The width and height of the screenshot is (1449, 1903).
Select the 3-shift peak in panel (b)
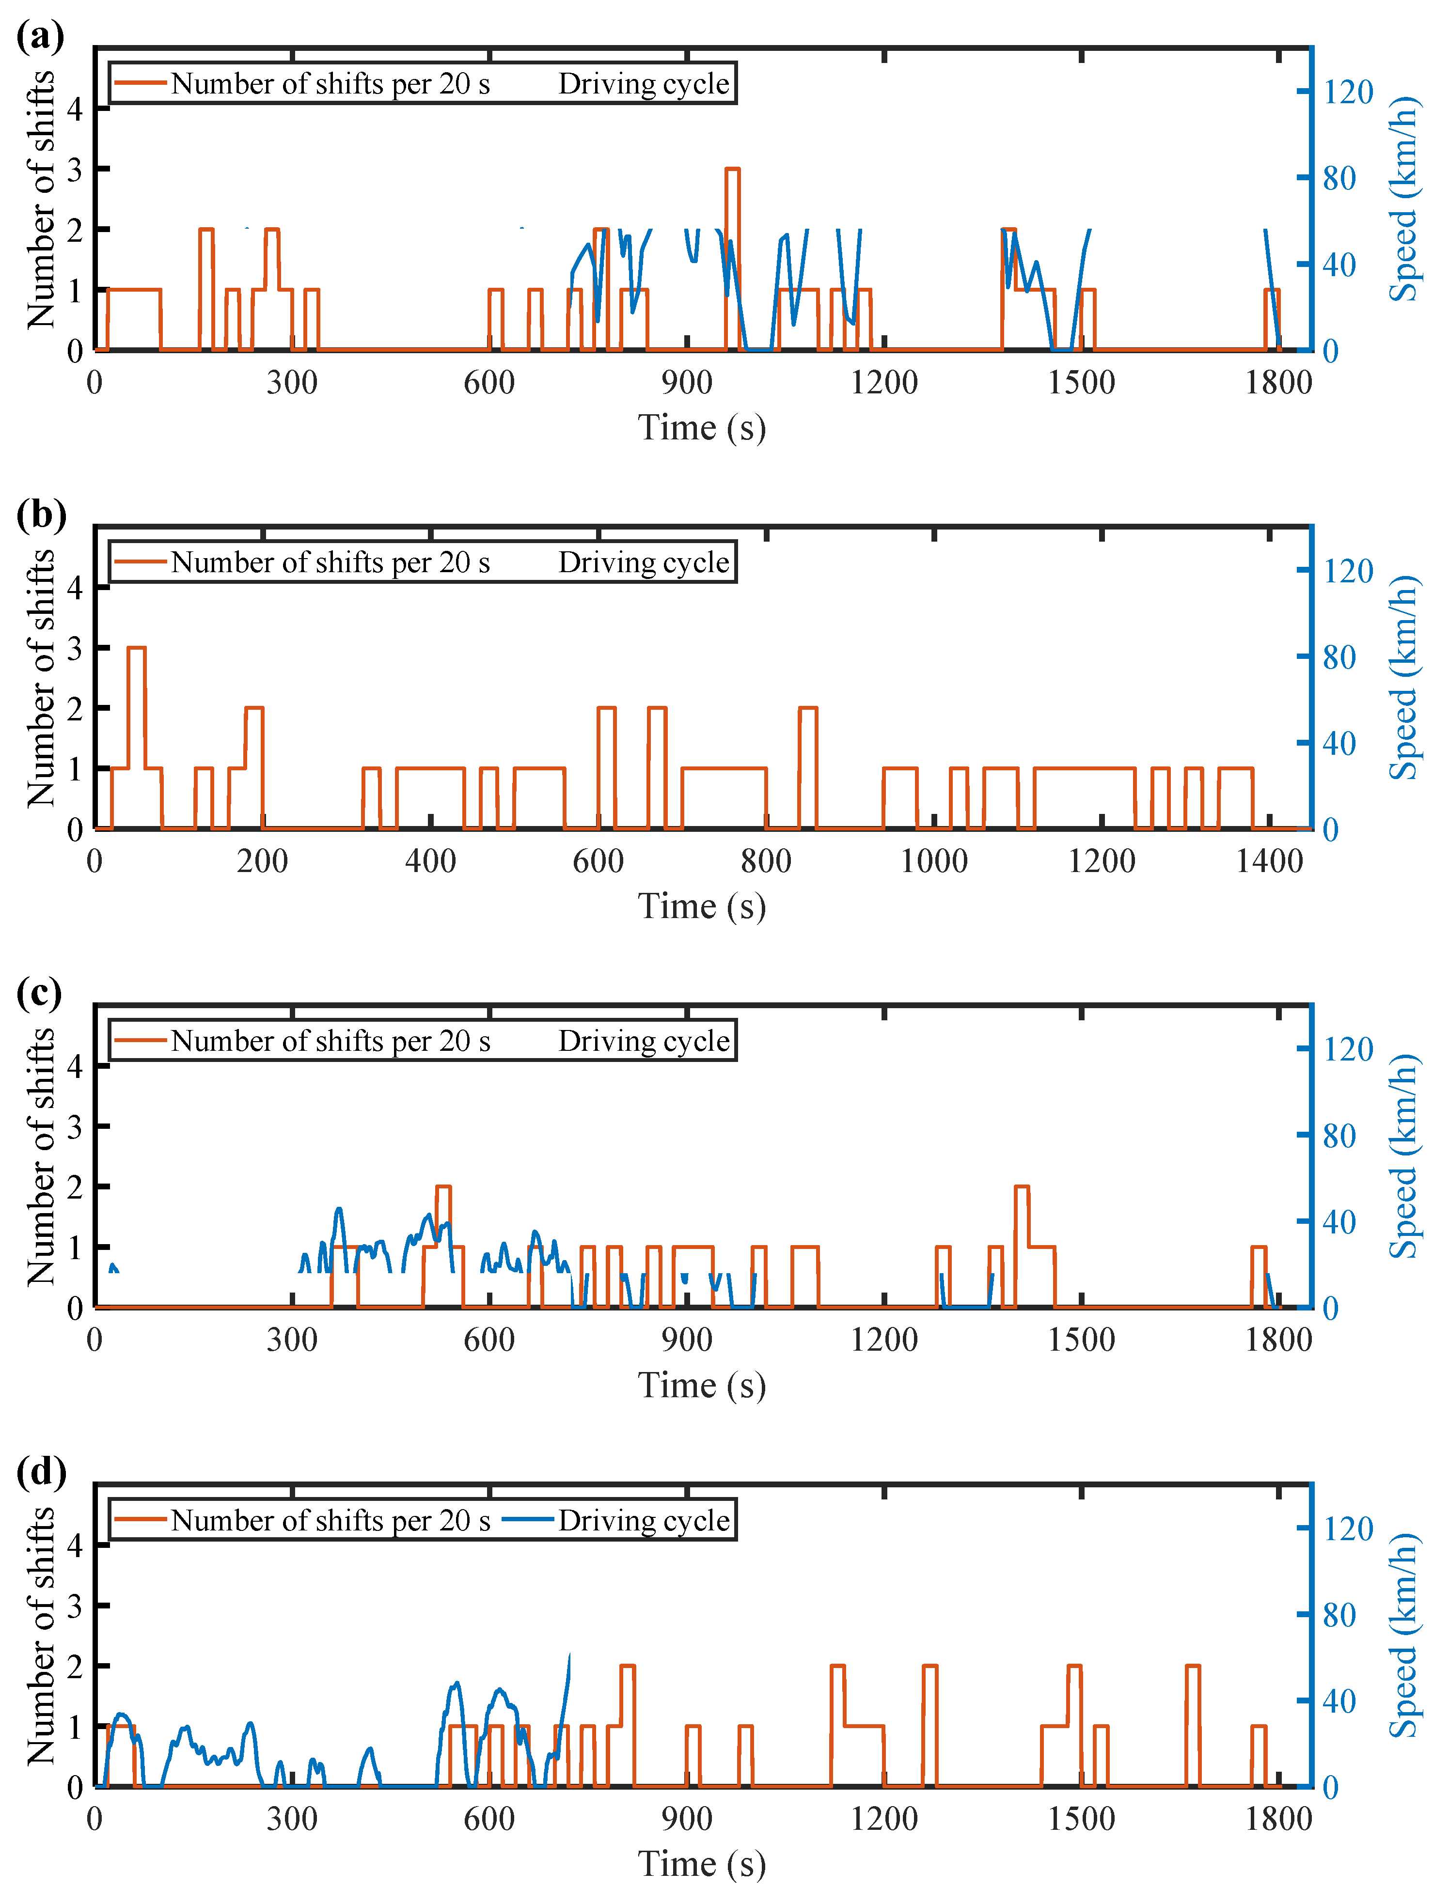coord(136,648)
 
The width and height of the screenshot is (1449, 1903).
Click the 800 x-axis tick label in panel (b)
coord(766,860)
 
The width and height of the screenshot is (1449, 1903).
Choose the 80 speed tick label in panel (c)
coord(1339,1136)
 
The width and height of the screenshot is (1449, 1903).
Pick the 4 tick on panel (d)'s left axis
coord(75,1545)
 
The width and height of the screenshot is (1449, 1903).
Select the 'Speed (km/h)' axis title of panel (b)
coord(1403,677)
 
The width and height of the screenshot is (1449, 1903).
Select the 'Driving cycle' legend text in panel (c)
coord(644,1041)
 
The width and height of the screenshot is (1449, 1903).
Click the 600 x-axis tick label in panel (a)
coord(489,382)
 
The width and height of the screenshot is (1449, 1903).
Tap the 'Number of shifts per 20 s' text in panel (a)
coord(331,84)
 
